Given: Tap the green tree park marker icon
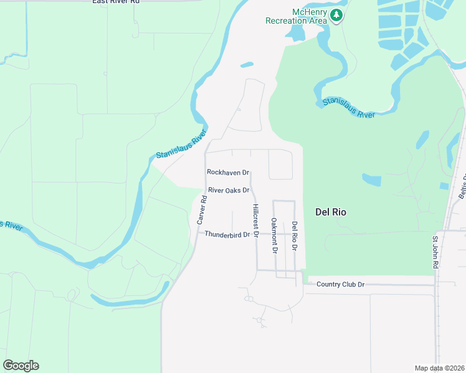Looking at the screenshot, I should click(x=336, y=16).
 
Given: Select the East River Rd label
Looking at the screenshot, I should click(x=115, y=2).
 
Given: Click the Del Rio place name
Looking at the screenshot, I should click(x=331, y=212).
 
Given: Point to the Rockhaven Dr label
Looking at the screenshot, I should click(x=228, y=172).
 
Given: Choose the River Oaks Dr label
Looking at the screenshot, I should click(x=229, y=190).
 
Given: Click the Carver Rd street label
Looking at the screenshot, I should click(x=201, y=210).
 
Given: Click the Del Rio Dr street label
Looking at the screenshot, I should click(x=295, y=236).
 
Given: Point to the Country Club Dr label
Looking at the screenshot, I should click(x=340, y=284).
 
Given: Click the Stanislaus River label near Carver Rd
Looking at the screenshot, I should click(x=181, y=147).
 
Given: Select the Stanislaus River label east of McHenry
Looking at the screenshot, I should click(x=348, y=107).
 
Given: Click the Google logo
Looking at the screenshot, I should click(x=21, y=366).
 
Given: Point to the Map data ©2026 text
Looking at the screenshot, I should click(x=439, y=368).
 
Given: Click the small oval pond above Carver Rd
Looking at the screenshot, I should click(x=247, y=64).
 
